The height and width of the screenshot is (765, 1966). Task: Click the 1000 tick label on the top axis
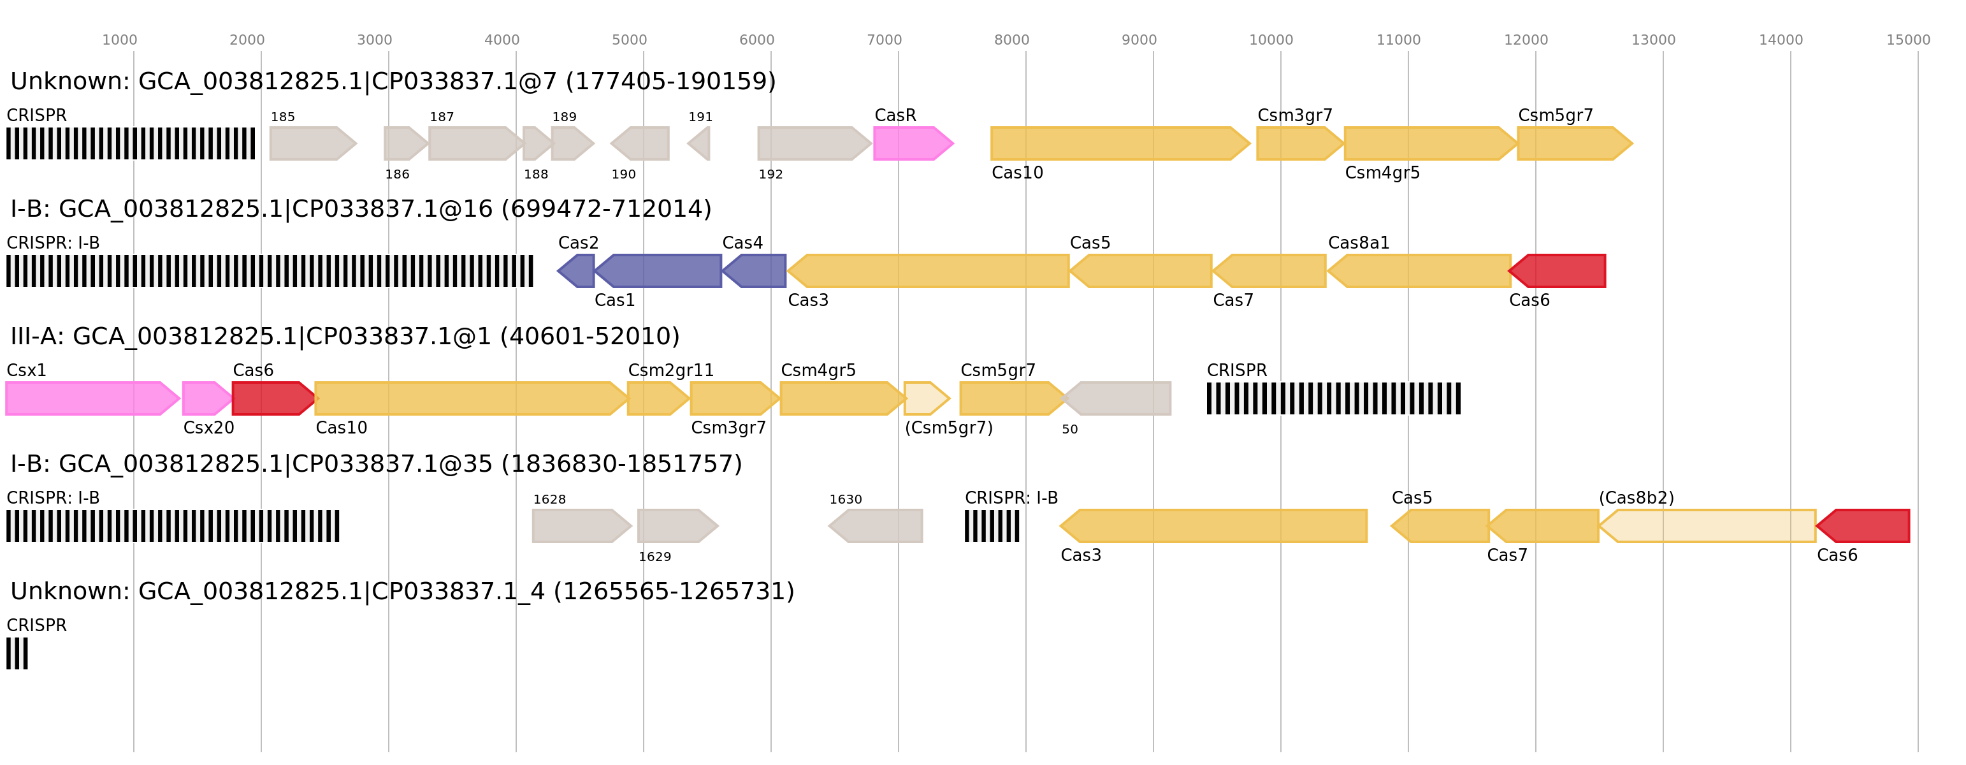120,40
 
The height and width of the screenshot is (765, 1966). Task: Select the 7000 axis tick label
884,40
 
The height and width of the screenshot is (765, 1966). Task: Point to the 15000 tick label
1908,40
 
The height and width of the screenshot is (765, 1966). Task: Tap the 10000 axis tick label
1271,40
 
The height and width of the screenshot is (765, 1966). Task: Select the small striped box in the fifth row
17,653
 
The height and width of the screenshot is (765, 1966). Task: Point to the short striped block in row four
992,526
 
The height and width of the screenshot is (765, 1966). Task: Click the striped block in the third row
1333,398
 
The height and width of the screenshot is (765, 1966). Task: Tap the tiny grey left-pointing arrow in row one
700,143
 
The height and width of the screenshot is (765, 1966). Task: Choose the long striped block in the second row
270,271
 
